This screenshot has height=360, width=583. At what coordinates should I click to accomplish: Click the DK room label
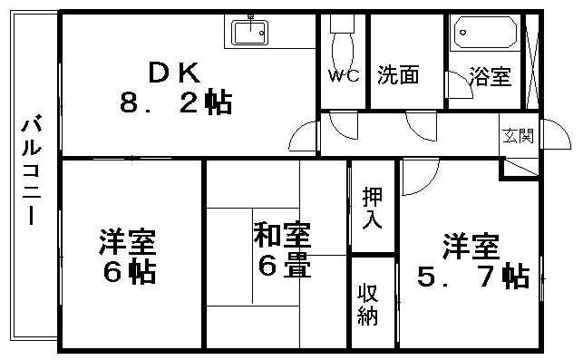click(x=172, y=70)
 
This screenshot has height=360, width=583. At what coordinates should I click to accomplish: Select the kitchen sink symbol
click(x=250, y=33)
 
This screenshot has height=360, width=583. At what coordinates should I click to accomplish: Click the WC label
click(x=340, y=76)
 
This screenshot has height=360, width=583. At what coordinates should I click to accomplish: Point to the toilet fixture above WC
click(x=341, y=40)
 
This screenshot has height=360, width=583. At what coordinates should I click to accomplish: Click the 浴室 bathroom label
click(x=491, y=77)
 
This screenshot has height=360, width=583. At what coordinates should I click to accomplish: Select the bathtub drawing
click(x=486, y=33)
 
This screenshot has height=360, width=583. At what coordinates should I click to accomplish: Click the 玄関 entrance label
click(x=519, y=136)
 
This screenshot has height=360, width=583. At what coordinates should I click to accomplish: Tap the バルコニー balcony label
click(x=31, y=172)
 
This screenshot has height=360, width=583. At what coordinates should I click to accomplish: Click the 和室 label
click(x=282, y=238)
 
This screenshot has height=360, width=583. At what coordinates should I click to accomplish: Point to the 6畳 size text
click(x=282, y=268)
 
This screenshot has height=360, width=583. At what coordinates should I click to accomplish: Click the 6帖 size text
click(x=128, y=270)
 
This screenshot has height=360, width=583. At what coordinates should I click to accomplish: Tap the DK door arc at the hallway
click(x=303, y=139)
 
